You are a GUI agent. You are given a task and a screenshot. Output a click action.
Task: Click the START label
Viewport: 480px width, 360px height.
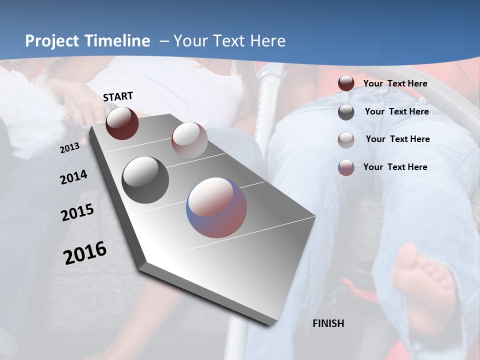coord(118,96)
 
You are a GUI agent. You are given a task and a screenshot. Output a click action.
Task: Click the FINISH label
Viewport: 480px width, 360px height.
coord(328,323)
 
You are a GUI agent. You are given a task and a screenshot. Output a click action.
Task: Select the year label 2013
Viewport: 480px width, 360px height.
coord(69,148)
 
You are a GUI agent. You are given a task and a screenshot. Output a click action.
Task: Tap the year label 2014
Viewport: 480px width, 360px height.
coord(73,177)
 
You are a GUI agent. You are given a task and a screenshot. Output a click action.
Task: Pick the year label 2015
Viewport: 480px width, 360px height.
coord(77,212)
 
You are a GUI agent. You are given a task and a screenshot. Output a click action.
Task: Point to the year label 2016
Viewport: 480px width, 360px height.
coord(85,253)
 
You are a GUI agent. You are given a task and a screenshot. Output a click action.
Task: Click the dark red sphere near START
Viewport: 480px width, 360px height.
coord(122,123)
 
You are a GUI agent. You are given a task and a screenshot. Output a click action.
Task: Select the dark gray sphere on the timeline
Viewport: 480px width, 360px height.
coord(145,180)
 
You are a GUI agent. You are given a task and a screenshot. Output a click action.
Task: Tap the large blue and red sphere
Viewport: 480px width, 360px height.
coord(216,207)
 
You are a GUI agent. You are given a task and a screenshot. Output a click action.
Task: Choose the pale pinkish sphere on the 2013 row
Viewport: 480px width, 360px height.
coord(189,140)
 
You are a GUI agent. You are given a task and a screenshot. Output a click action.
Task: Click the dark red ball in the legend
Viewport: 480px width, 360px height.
coord(346,83)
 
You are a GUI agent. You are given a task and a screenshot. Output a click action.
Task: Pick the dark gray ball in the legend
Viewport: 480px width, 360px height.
coord(346,112)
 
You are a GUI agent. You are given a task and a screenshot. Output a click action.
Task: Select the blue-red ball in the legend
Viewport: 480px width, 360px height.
coord(346,167)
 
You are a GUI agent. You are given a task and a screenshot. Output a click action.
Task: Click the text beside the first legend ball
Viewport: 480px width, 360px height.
coord(395,83)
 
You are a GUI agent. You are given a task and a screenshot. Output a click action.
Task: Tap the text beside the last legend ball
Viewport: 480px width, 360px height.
coord(395,167)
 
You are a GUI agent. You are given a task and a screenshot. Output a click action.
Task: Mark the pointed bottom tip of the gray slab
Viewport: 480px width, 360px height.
coord(272,325)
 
